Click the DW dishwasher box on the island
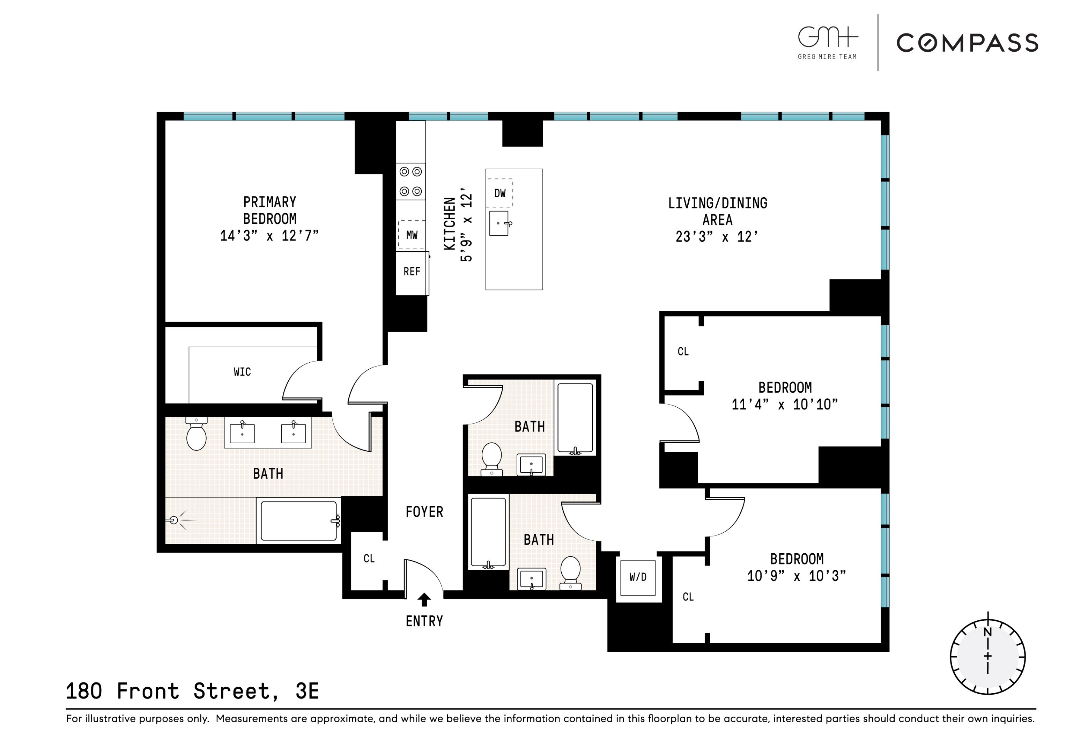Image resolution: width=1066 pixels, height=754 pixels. pyautogui.click(x=499, y=193)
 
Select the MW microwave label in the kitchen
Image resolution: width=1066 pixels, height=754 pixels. pyautogui.click(x=412, y=235)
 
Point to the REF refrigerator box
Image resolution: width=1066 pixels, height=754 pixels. pyautogui.click(x=412, y=272)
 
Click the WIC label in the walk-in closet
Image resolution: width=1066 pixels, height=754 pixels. pyautogui.click(x=242, y=372)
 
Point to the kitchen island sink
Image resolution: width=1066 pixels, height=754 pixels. pyautogui.click(x=499, y=223)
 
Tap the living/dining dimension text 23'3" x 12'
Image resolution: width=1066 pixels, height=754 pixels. pyautogui.click(x=717, y=237)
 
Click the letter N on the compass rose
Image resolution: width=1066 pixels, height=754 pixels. pyautogui.click(x=987, y=632)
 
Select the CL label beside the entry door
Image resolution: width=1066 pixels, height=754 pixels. pyautogui.click(x=369, y=559)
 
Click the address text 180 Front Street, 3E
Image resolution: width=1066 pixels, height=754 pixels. pyautogui.click(x=192, y=691)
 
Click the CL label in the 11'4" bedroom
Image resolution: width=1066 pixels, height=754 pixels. pyautogui.click(x=683, y=352)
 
